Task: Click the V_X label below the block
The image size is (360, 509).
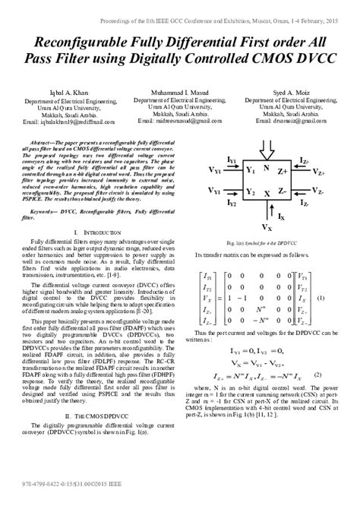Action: [267, 227]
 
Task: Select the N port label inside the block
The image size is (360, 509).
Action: [266, 169]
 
